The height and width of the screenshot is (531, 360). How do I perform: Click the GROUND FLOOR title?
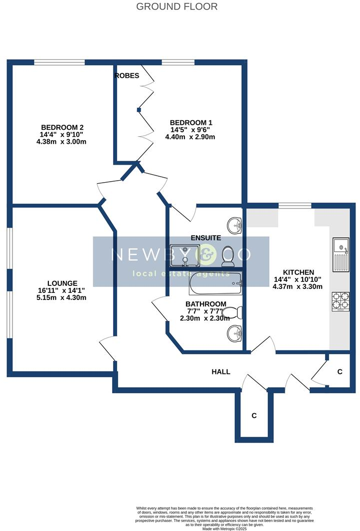177,6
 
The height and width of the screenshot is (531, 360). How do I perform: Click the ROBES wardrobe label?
127,75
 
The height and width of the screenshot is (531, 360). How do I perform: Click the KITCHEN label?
297,272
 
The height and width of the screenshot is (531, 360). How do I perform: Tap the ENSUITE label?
206,238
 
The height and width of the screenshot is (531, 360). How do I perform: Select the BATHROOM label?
205,304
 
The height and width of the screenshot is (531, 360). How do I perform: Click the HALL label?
221,372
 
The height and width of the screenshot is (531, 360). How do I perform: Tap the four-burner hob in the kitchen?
341,301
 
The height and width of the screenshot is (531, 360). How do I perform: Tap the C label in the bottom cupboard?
254,415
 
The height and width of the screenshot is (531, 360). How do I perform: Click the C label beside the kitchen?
340,372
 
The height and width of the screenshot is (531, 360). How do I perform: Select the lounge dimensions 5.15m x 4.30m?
62,298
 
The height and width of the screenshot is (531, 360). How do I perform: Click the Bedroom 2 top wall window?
59,63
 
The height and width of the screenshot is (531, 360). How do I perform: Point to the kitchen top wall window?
295,205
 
